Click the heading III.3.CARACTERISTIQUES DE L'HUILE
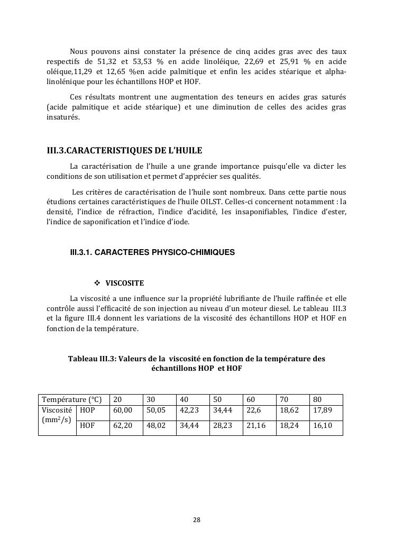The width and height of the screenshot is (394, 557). point(124,151)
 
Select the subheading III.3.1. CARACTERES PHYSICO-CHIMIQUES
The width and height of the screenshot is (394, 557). point(152,253)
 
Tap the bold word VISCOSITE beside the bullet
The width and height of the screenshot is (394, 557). point(125,283)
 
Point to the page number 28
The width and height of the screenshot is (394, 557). point(197,519)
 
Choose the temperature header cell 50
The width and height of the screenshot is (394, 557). point(217,400)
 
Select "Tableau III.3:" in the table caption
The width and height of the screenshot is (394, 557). point(92,359)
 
